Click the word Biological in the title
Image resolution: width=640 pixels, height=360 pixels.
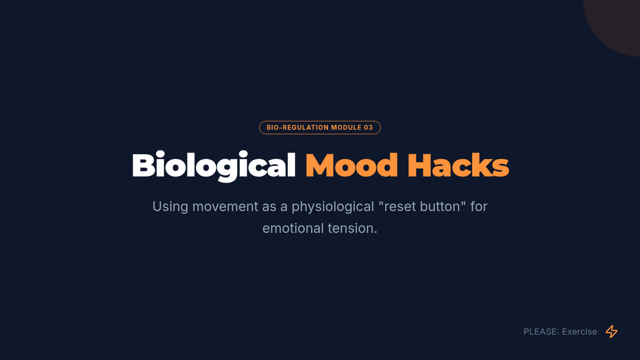(x=214, y=166)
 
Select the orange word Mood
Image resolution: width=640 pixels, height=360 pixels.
(x=351, y=165)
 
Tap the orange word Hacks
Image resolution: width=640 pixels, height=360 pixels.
(x=458, y=165)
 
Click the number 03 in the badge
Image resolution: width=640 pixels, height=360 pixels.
(x=369, y=127)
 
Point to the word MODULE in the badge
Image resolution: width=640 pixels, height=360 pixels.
(x=346, y=127)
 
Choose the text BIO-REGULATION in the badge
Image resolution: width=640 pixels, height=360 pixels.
(x=298, y=127)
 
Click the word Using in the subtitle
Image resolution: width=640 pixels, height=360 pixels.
(x=170, y=207)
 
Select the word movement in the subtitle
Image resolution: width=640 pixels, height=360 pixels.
(x=225, y=206)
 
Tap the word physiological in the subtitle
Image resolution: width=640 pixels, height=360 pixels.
(x=333, y=207)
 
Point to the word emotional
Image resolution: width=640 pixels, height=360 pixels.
(x=293, y=228)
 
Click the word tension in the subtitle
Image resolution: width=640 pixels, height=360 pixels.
(x=351, y=228)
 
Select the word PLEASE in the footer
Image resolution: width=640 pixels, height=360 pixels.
(x=540, y=332)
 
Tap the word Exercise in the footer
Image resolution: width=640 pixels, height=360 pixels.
(x=579, y=332)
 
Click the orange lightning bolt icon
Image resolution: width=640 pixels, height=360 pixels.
(x=611, y=331)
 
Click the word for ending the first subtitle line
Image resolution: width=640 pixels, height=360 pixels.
(x=478, y=206)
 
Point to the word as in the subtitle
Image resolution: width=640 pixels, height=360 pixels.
(x=269, y=207)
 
